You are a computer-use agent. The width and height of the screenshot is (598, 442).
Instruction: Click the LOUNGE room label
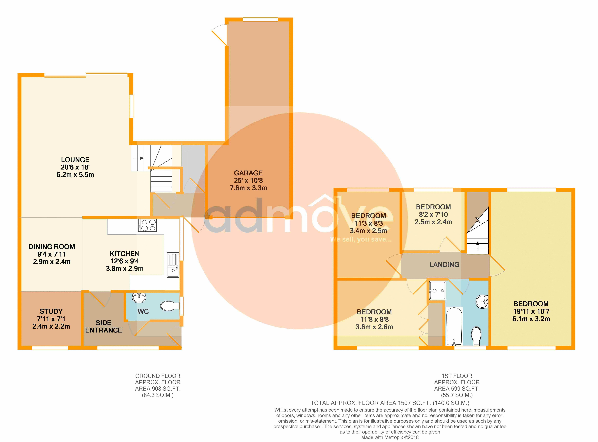pyautogui.click(x=75, y=160)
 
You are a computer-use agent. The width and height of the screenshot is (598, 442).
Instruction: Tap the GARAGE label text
pyautogui.click(x=248, y=173)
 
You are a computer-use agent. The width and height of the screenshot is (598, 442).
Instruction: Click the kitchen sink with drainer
pyautogui.click(x=173, y=265)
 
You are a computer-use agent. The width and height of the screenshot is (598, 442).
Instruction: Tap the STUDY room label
pyautogui.click(x=51, y=311)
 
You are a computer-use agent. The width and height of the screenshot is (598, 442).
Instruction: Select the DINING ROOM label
pyautogui.click(x=52, y=247)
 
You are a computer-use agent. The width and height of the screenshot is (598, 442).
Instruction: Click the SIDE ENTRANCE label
pyautogui.click(x=103, y=326)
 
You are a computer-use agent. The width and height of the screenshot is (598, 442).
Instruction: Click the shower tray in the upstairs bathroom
pyautogui.click(x=438, y=290)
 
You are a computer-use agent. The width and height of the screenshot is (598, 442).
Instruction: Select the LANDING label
pyautogui.click(x=444, y=265)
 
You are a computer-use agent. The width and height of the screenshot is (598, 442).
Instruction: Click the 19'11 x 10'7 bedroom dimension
pyautogui.click(x=531, y=311)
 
